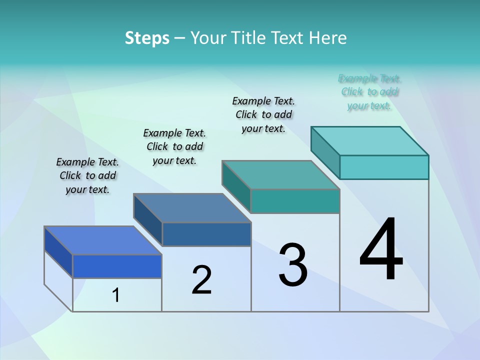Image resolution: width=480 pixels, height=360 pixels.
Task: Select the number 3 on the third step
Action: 293,265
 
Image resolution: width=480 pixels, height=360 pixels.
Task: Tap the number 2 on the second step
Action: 201,280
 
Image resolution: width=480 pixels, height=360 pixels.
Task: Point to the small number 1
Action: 116,295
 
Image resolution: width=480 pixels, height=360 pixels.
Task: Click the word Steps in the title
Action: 147,38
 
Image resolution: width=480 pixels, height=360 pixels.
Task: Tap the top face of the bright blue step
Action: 103,240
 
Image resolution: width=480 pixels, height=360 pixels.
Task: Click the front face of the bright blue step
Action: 117,266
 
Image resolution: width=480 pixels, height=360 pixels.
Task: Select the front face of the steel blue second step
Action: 206,234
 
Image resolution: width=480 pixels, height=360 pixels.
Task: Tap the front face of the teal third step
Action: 295,201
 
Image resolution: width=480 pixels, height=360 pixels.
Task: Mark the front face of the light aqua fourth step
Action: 384,167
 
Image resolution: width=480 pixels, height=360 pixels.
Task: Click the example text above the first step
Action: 87,175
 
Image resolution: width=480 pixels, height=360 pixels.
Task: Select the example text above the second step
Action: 174,146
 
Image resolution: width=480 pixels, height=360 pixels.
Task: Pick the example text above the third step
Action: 263,114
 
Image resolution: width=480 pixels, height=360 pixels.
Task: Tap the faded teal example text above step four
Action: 369,92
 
